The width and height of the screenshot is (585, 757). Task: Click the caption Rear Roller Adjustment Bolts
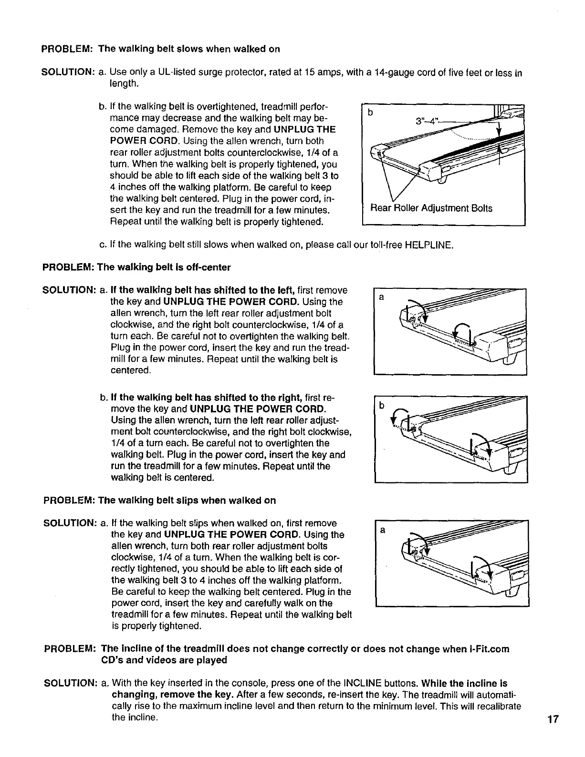(x=431, y=208)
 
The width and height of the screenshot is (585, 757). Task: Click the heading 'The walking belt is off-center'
(x=164, y=267)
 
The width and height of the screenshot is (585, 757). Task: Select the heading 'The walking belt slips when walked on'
(x=187, y=501)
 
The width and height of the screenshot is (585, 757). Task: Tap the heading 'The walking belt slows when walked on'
(x=189, y=49)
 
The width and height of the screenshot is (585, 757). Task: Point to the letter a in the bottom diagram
(x=382, y=530)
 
